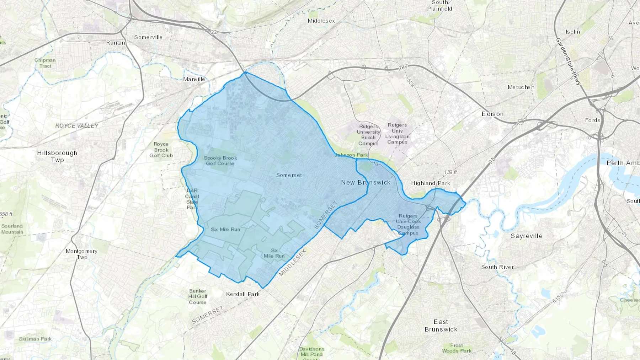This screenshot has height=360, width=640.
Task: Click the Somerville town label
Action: [148, 37]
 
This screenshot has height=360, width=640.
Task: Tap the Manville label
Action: [194, 79]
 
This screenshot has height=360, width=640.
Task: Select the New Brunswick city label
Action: [366, 182]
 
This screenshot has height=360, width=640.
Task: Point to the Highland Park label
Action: [430, 183]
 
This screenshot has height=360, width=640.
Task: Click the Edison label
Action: [492, 114]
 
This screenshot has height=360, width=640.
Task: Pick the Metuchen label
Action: [521, 87]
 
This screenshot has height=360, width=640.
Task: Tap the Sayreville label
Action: [526, 236]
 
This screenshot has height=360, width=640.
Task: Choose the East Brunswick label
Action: [441, 326]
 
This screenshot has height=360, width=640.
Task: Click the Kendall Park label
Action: [243, 294]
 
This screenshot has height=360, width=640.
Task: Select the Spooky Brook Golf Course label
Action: [220, 161]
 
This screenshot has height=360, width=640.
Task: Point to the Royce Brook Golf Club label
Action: [161, 150]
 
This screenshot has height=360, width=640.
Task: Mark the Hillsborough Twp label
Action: [57, 156]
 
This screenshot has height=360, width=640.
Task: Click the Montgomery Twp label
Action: [81, 254]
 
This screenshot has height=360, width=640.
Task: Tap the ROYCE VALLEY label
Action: [77, 125]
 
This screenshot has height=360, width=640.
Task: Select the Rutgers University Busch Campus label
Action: [368, 135]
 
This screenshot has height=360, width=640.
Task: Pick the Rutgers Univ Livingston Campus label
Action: [397, 133]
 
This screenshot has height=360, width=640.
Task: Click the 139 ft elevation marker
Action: [450, 172]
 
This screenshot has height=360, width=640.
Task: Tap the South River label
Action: [497, 267]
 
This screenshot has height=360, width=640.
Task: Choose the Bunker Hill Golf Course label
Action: [198, 296]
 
